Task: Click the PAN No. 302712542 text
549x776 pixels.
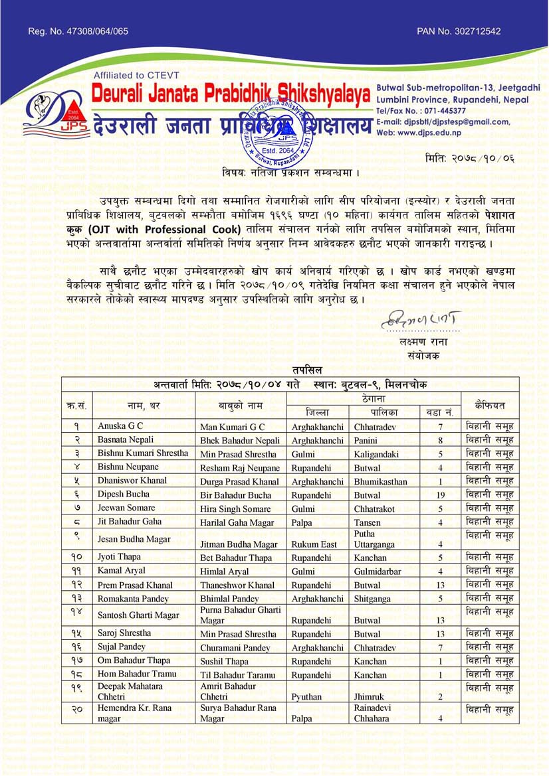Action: [x=459, y=31]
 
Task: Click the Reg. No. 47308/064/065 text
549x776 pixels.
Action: [x=78, y=31]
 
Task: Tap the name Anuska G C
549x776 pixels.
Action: [x=120, y=426]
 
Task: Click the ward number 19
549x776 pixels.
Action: [x=440, y=495]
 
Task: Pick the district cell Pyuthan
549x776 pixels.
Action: [x=307, y=697]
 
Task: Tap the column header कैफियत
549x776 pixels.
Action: [x=490, y=404]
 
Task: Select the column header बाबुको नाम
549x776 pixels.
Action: [x=240, y=404]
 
